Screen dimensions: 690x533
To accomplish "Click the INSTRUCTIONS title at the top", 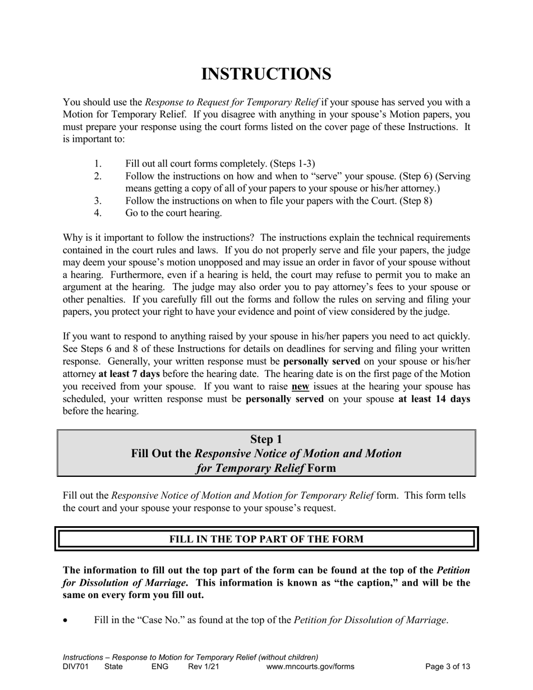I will click(266, 74).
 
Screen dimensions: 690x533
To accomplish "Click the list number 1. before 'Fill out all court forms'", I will click(98, 164).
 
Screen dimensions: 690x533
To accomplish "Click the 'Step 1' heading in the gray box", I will click(266, 439).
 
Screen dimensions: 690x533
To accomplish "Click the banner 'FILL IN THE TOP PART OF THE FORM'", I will click(266, 539).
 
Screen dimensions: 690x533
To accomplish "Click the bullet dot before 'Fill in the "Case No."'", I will click(66, 621).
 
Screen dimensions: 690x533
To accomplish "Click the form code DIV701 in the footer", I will click(75, 667).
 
